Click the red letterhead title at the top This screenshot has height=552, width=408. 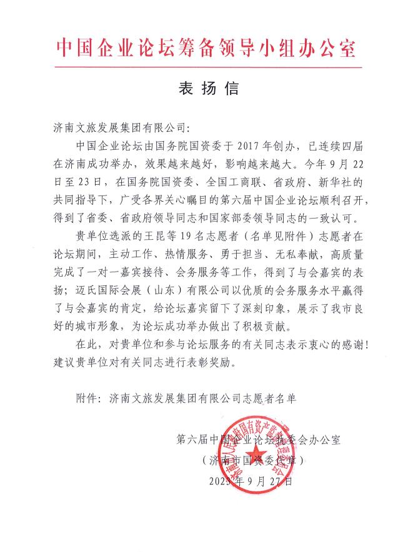pyautogui.click(x=206, y=47)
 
